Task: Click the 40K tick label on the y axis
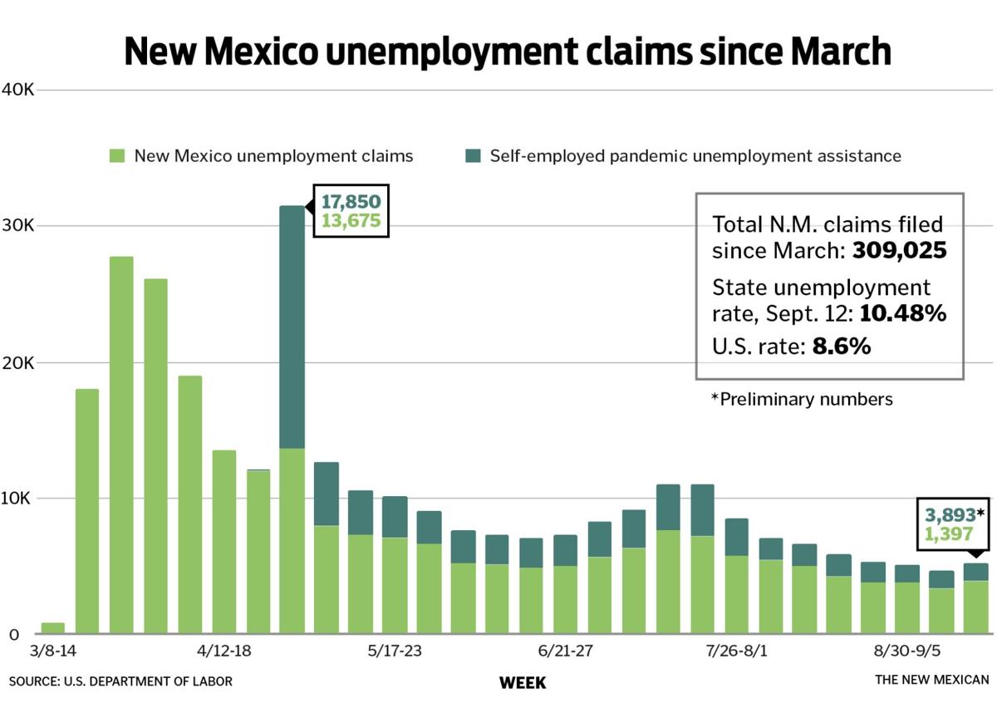click(17, 90)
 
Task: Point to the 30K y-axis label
click(17, 226)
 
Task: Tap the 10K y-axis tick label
click(17, 499)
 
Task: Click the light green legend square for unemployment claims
click(117, 155)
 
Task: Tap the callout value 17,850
click(351, 202)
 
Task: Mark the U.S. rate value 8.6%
click(841, 347)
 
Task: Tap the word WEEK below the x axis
click(523, 683)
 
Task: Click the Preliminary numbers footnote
click(802, 399)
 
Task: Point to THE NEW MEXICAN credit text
click(931, 681)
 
